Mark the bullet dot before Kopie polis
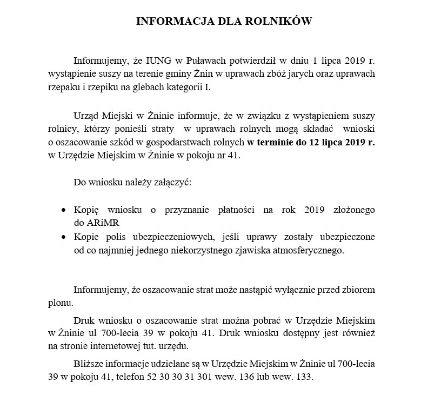tap(64, 237)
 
